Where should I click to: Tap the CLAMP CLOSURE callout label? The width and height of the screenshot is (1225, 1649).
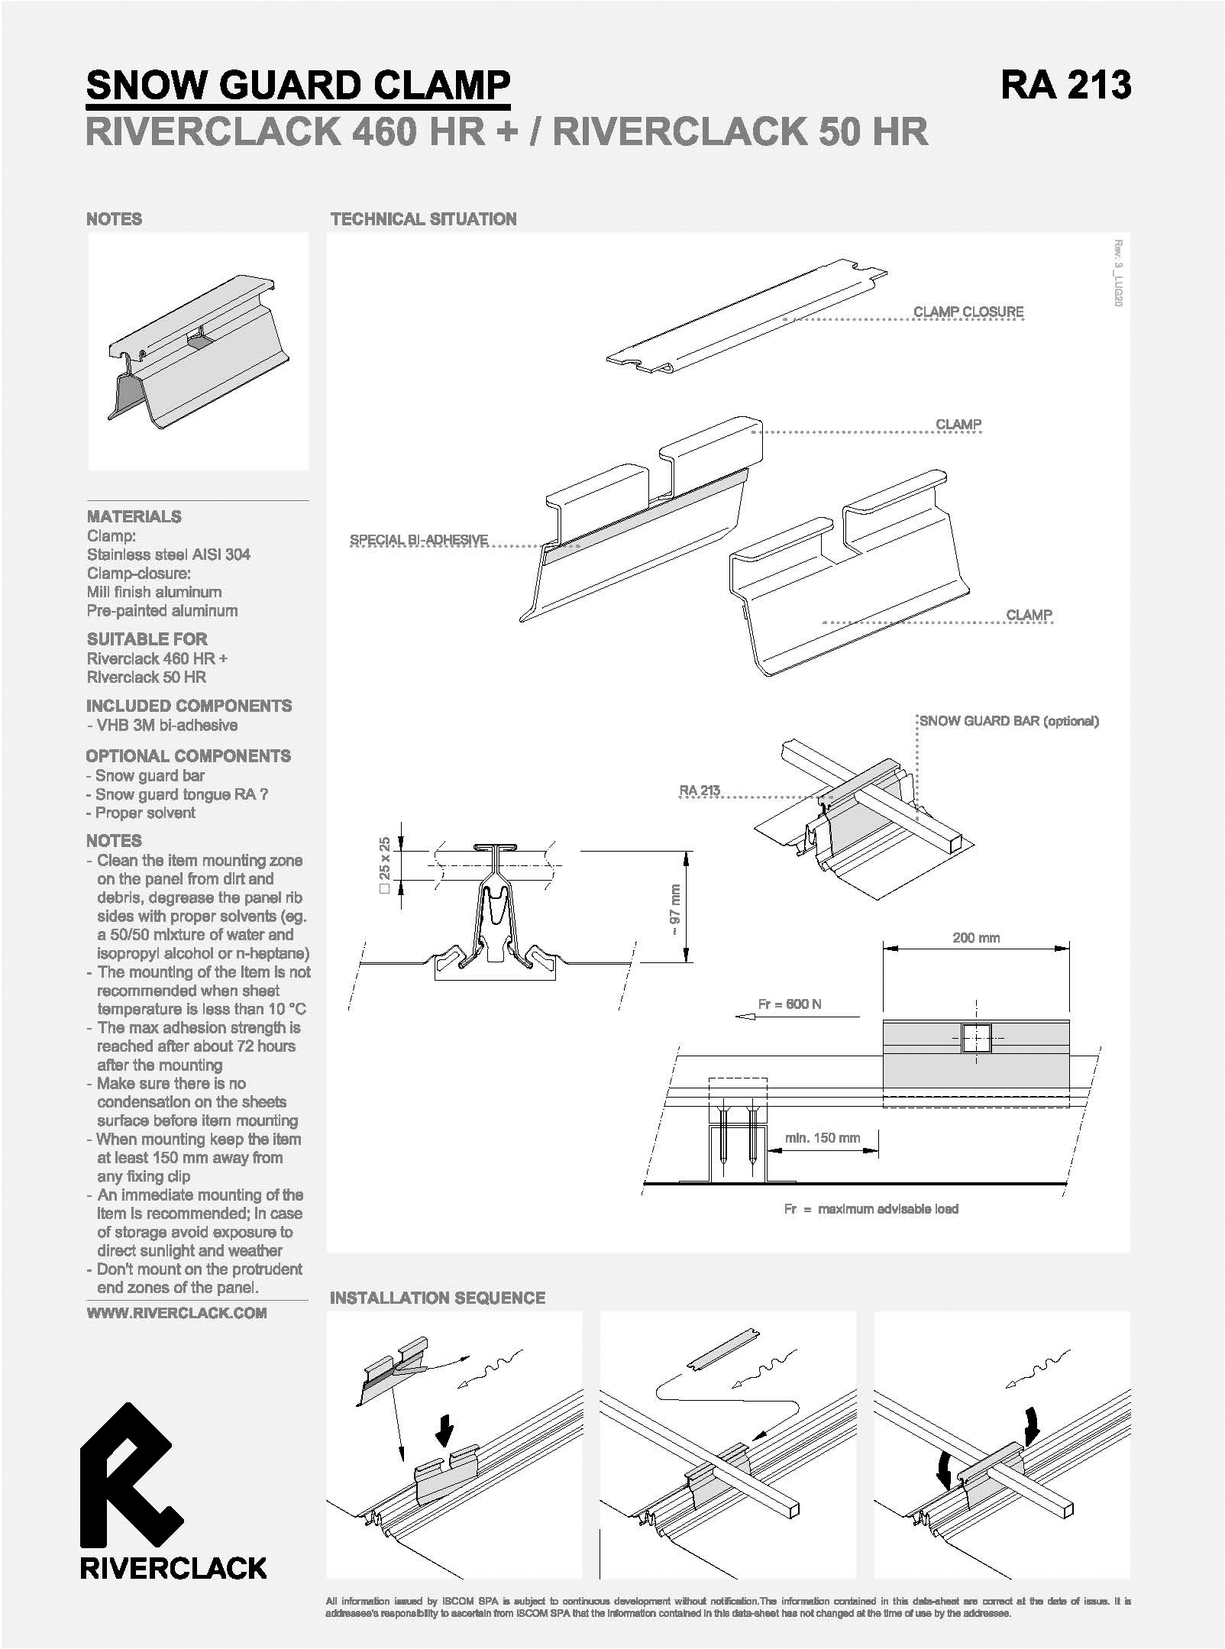coord(968,312)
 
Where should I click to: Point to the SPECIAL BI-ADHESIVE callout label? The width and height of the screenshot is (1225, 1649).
coord(419,540)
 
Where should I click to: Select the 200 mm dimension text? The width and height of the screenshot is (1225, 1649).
coord(976,937)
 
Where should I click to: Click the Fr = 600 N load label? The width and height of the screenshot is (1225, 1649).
coord(790,1004)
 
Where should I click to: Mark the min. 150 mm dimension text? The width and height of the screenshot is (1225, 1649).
coord(823,1138)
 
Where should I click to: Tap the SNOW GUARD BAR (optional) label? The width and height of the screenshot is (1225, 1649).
coord(1009,721)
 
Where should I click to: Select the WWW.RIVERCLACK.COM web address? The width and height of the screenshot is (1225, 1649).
coord(176,1313)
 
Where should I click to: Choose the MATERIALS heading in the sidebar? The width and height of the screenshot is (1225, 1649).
coord(134,516)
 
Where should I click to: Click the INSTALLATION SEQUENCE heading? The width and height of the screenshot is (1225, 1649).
coord(438,1298)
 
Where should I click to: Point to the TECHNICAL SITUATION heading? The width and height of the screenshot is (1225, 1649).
coord(424,219)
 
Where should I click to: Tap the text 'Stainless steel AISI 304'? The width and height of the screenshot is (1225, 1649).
coord(169,555)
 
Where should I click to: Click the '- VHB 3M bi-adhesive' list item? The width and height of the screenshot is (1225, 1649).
coord(162,725)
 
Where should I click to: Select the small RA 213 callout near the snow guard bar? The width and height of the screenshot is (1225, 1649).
coord(700,790)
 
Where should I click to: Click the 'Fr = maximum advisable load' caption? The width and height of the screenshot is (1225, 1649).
coord(871,1208)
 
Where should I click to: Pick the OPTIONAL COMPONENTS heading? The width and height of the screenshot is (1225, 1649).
coord(189,756)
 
